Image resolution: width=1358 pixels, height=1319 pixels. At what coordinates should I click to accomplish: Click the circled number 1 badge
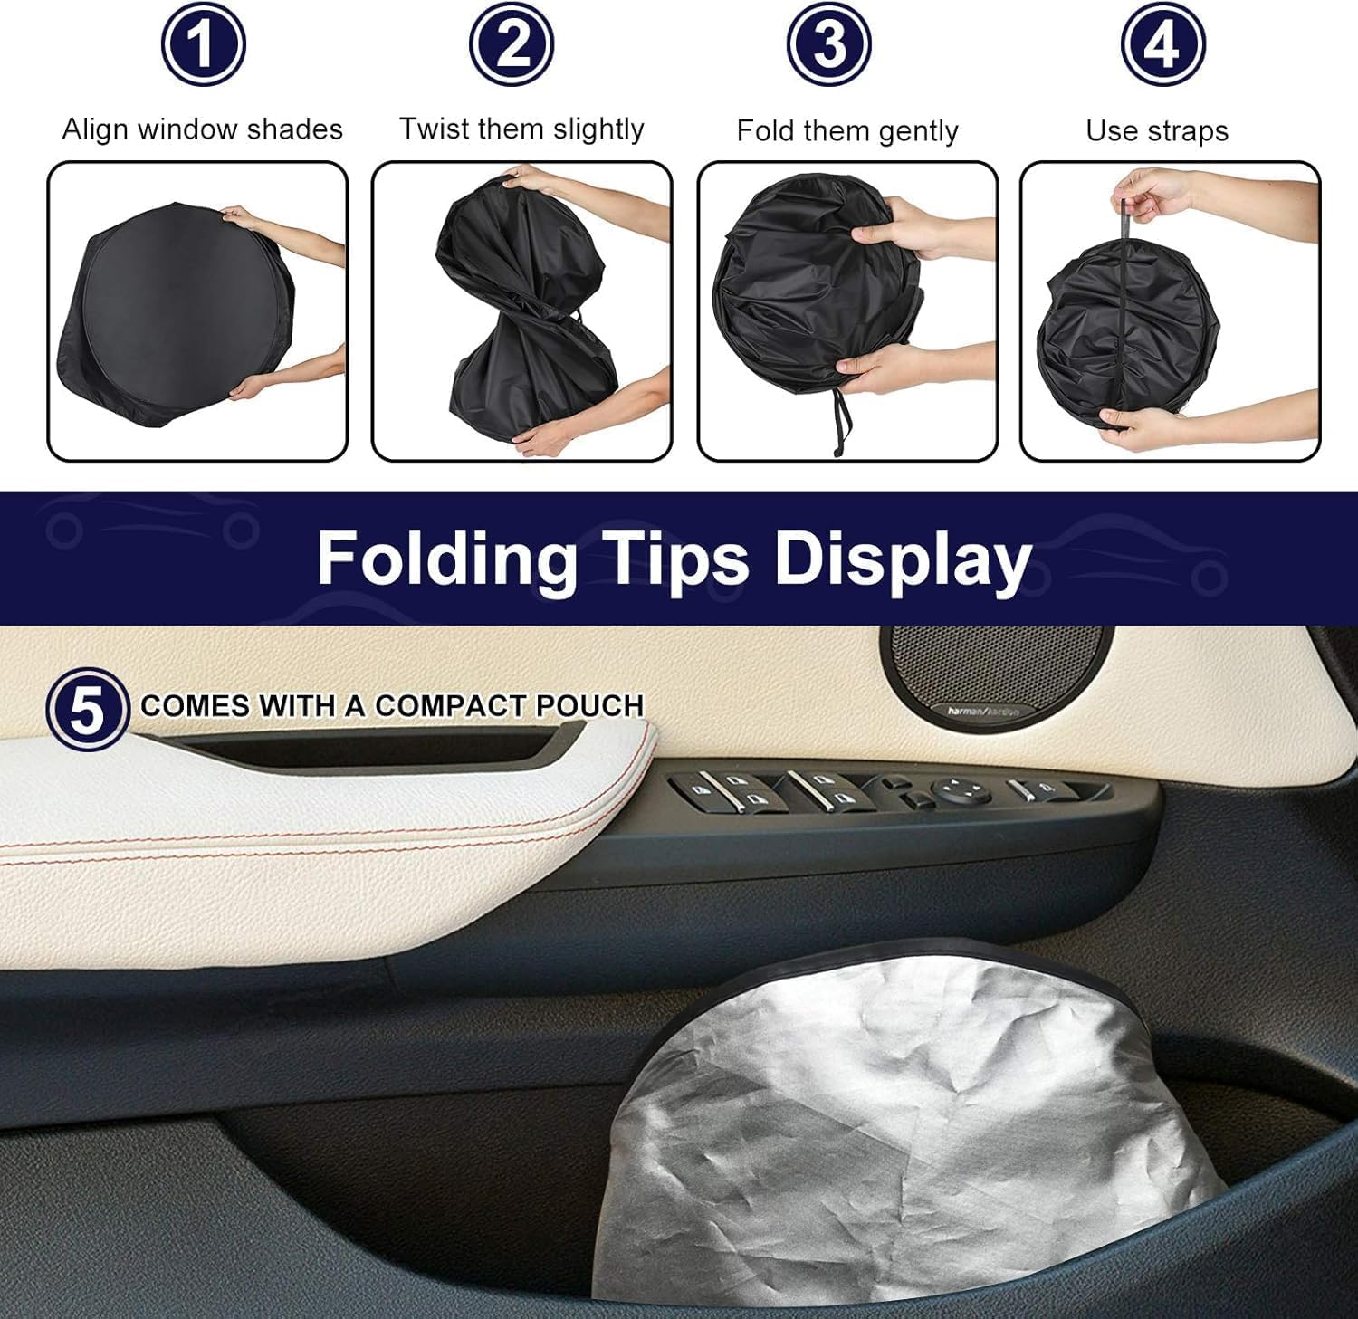tap(203, 43)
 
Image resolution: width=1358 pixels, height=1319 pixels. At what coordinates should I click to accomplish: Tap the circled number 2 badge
tap(512, 43)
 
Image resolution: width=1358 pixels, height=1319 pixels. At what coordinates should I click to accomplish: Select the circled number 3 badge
tap(828, 43)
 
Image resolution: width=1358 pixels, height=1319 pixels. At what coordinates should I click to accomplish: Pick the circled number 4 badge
tap(1162, 43)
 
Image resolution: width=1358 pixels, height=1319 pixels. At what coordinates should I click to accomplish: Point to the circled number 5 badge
tap(87, 709)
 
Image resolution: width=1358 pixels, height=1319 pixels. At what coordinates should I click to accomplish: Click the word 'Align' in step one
tap(95, 129)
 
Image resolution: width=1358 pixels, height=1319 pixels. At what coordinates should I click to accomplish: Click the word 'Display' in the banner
tap(902, 558)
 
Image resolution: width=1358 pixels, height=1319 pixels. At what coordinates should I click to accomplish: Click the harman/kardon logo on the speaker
tap(983, 712)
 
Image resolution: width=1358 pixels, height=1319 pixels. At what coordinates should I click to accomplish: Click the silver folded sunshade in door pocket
tap(892, 1132)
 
